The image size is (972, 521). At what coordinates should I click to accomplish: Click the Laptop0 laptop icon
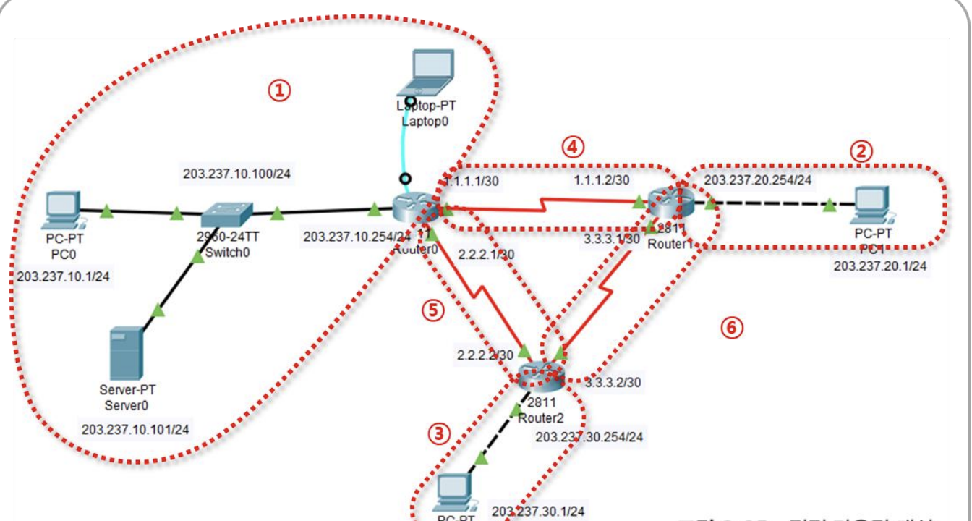click(431, 71)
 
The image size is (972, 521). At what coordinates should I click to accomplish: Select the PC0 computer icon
click(61, 208)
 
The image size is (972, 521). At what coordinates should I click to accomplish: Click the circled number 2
click(861, 151)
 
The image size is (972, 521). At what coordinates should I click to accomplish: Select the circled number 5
click(432, 310)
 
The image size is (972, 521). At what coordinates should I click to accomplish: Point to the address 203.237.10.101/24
click(135, 429)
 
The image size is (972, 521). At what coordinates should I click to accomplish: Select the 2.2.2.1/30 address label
click(486, 254)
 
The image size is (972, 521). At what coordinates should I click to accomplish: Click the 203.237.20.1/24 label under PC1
click(880, 266)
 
